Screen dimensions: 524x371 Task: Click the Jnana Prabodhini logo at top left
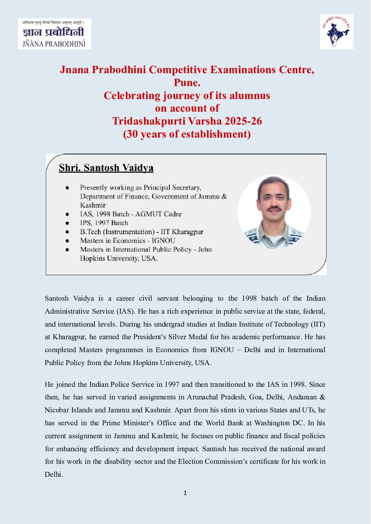[54, 34]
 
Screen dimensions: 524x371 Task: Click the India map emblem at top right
[336, 32]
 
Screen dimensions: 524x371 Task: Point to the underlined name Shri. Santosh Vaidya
[106, 168]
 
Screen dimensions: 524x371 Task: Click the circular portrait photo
[274, 212]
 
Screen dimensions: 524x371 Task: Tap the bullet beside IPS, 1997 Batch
[67, 223]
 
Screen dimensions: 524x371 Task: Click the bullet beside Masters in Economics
[67, 241]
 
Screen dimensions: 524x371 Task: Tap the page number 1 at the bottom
[185, 493]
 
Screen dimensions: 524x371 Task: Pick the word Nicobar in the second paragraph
[57, 410]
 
